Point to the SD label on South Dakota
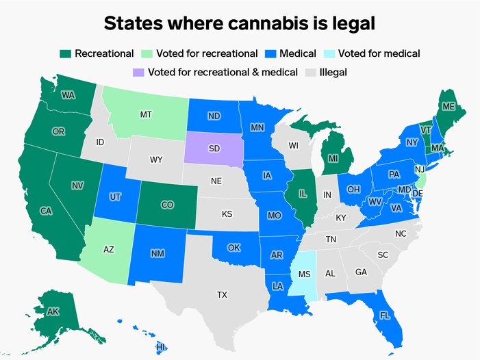pos(214,149)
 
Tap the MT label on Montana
pos(146,114)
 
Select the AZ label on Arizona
pos(108,250)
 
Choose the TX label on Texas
pos(222,295)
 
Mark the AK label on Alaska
pos(53,312)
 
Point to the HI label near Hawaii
pos(161,347)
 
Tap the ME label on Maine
pos(449,106)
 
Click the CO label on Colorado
pos(167,205)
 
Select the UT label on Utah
pos(115,197)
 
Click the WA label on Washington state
pos(68,95)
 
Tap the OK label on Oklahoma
pos(234,247)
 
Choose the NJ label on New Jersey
pos(420,168)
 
